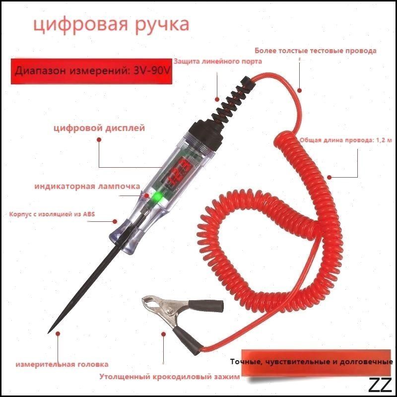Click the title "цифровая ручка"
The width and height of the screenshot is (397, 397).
click(111, 25)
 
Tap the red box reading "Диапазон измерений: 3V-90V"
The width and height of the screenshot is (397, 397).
click(91, 71)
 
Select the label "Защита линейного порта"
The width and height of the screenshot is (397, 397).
click(218, 61)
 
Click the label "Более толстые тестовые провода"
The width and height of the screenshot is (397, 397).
click(316, 51)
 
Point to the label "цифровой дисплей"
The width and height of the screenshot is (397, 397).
click(99, 128)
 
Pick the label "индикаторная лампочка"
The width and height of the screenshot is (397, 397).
click(87, 187)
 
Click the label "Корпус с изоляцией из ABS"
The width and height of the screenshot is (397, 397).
click(52, 214)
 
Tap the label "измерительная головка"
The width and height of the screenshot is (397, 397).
click(62, 364)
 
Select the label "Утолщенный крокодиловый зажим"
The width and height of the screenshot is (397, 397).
click(169, 377)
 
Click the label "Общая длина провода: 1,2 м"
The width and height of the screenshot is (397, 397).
click(346, 140)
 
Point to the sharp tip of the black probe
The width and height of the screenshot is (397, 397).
click(48, 332)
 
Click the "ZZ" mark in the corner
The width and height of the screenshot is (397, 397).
click(380, 385)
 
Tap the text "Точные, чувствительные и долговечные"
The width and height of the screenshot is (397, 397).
click(312, 362)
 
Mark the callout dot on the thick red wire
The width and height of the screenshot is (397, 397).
click(300, 90)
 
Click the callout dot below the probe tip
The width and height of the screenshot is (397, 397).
click(58, 333)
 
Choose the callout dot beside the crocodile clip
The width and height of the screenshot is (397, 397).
click(164, 334)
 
